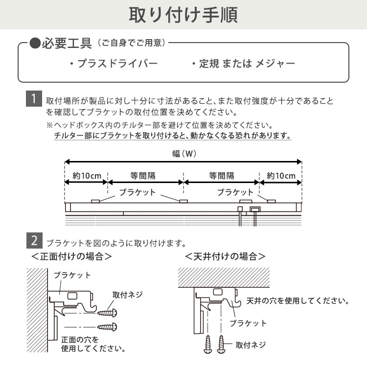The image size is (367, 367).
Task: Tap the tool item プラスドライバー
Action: click(x=113, y=64)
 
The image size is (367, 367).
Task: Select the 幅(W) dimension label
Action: click(x=184, y=153)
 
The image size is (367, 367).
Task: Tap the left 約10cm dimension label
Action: click(x=86, y=176)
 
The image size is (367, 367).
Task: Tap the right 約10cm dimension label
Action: click(x=280, y=176)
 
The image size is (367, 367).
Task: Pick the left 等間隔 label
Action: click(x=145, y=176)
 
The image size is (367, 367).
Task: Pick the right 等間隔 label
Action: click(x=222, y=176)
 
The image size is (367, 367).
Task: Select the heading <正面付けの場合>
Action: click(x=71, y=256)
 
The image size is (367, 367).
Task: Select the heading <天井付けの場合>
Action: click(x=225, y=256)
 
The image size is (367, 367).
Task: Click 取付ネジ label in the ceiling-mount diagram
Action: click(x=251, y=344)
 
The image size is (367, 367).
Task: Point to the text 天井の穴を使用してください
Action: click(x=298, y=300)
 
